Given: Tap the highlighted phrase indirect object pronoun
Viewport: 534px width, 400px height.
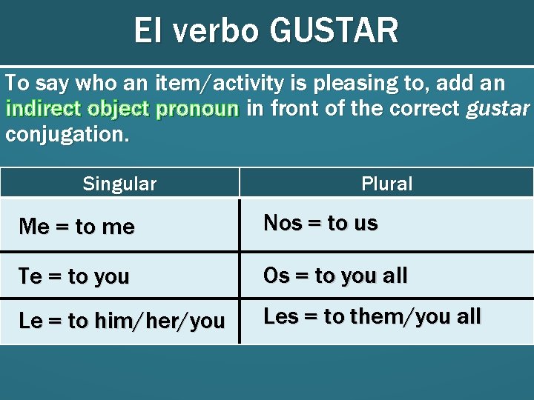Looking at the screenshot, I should (x=122, y=109).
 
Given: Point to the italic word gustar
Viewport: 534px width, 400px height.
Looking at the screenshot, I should (x=498, y=109).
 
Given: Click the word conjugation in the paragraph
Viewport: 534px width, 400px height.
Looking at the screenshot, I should (x=65, y=134).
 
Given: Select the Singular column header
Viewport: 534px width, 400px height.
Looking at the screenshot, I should (x=119, y=184).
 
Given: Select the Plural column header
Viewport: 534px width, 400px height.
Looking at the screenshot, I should (x=386, y=184).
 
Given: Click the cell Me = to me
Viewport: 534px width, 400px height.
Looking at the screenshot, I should (x=77, y=227).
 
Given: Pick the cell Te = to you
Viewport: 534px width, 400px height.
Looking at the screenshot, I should (x=74, y=276).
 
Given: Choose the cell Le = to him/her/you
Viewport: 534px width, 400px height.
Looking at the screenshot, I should (x=122, y=321).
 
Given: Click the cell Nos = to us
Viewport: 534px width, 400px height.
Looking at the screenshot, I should (x=320, y=223).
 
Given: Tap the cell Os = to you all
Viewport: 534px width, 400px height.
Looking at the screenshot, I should (x=335, y=276).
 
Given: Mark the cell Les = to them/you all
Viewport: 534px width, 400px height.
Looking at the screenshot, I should (x=372, y=316).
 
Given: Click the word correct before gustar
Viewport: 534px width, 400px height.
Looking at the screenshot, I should (x=425, y=109).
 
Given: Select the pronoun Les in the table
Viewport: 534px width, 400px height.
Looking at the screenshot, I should (x=280, y=316).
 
